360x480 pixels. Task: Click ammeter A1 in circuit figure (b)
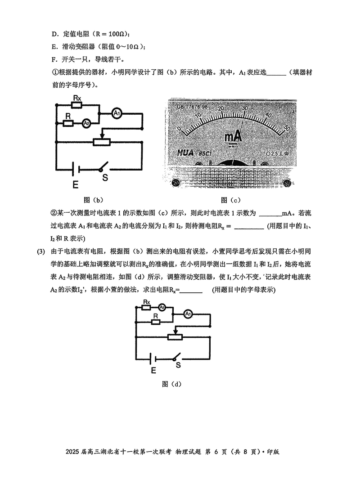click(x=116, y=114)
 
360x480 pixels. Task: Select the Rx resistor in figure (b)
click(x=77, y=105)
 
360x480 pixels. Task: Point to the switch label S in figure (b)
click(x=105, y=177)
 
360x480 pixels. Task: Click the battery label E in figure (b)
click(x=75, y=184)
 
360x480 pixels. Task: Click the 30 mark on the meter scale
click(x=245, y=108)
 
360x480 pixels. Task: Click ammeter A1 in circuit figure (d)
click(x=189, y=315)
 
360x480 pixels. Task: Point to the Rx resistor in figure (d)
click(x=146, y=307)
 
